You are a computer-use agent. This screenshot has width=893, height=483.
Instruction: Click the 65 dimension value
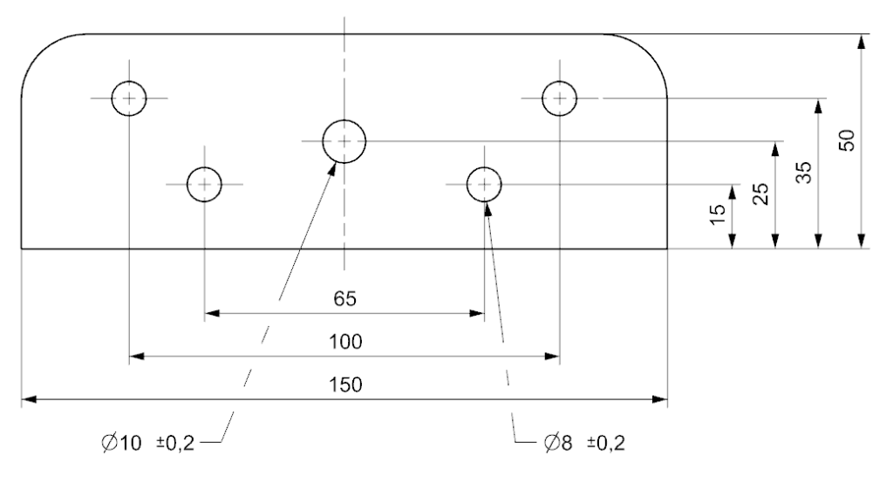pos(345,298)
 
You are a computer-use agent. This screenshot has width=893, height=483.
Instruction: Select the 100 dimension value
pos(345,342)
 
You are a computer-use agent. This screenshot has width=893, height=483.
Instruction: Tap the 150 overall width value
pos(345,385)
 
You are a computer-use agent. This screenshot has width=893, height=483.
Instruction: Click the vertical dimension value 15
pos(719,214)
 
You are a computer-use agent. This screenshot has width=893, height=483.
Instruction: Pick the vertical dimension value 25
pos(760,194)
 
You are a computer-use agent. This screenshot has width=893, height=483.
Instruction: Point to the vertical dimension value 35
pos(803,172)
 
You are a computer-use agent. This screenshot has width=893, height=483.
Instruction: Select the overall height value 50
pos(847,140)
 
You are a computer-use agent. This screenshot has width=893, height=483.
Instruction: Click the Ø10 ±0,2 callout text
pos(148,443)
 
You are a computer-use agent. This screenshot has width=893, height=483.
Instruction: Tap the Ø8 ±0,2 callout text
pos(584,443)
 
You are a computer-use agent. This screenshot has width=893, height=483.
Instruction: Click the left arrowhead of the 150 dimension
pos(29,399)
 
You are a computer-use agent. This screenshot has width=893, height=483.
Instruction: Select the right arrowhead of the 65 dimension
pos(477,313)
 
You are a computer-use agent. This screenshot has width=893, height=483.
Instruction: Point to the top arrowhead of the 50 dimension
pos(862,42)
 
